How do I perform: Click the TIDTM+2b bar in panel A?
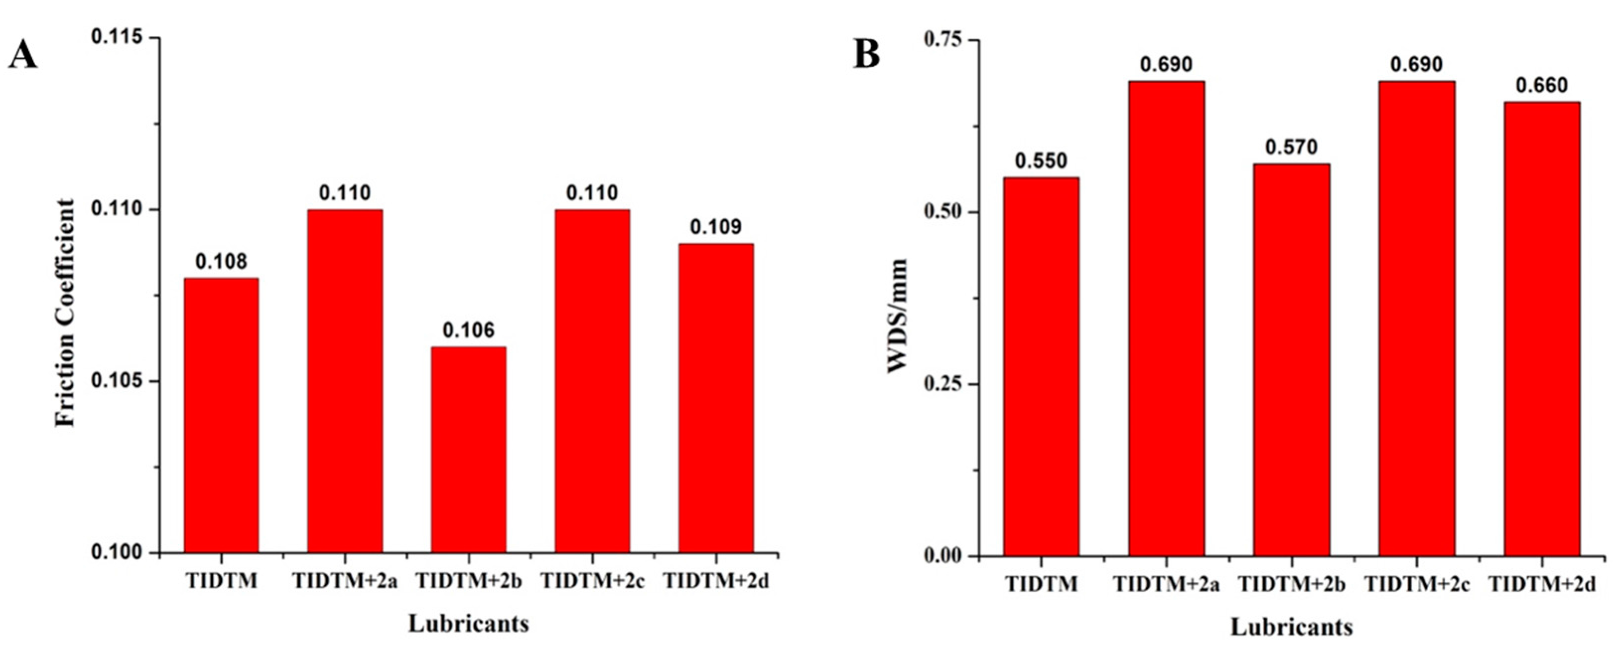click(468, 450)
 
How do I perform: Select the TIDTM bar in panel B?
click(1041, 367)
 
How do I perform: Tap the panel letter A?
click(23, 57)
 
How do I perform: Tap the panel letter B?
click(867, 55)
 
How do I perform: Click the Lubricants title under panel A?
click(468, 624)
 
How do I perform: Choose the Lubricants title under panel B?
click(1291, 627)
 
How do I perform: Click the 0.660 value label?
click(1542, 85)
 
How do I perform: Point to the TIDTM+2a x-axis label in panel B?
click(1166, 584)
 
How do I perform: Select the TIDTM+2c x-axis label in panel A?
click(592, 581)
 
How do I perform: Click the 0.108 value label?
click(221, 261)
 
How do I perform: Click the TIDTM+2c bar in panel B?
click(1417, 319)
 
